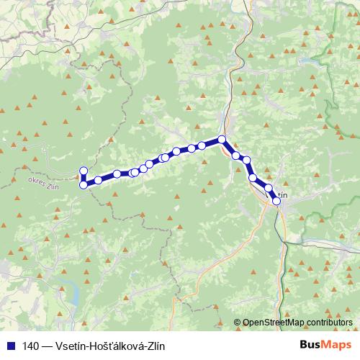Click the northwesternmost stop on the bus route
[x=83, y=171]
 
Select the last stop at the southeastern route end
[x=276, y=202]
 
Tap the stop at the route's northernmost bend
[x=222, y=139]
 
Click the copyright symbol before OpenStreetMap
[x=238, y=322]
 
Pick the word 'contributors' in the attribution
[x=330, y=322]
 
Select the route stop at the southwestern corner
[x=84, y=185]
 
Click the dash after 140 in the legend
[x=47, y=345]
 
